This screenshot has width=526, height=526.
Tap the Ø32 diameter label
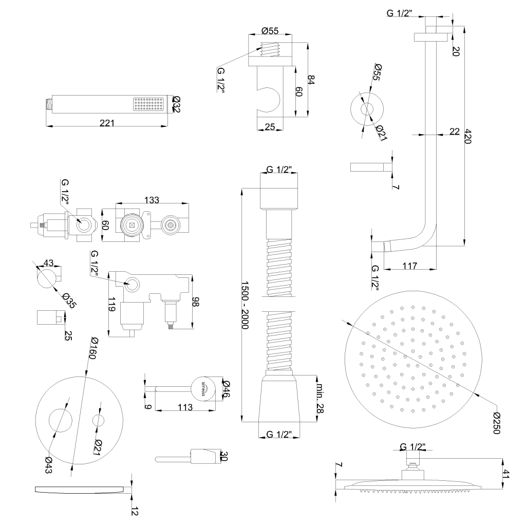176,104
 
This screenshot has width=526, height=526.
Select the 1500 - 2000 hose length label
245,306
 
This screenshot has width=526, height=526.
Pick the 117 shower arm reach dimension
410,266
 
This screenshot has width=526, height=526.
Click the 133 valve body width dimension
152,200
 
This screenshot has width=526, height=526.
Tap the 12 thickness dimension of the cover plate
135,512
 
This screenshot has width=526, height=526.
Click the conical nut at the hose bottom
280,399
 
